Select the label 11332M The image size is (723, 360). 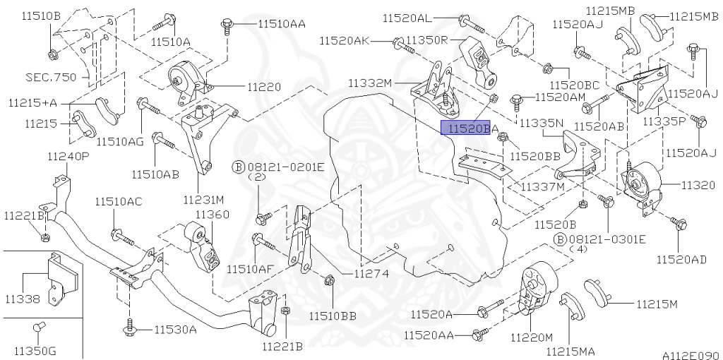pos(369,83)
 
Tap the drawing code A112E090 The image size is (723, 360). pos(690,354)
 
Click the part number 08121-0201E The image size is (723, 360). pos(285,167)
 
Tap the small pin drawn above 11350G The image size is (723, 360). pos(40,326)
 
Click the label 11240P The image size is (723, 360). pos(68,156)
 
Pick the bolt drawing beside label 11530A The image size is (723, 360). pos(131,328)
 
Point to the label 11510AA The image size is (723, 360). pos(281,23)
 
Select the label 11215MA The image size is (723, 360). pos(570,349)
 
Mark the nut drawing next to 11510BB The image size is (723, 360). pos(329,282)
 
